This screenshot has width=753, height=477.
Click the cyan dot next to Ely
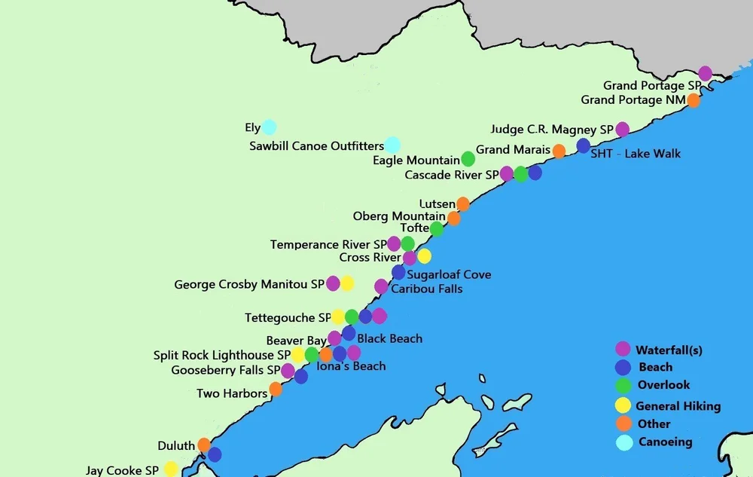269,127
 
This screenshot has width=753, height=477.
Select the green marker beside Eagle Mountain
468,159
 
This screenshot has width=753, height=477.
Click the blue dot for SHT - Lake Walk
584,146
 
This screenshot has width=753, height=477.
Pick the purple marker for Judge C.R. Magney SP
622,130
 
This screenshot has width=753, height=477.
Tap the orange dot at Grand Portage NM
694,101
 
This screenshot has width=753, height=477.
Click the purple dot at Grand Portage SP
705,73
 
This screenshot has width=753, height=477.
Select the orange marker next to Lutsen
463,204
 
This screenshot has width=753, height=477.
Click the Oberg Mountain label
398,217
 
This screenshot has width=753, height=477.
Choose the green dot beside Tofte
437,229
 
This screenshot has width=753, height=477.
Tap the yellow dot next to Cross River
424,256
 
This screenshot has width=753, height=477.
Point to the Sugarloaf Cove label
449,274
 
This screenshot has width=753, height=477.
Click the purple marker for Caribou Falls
381,286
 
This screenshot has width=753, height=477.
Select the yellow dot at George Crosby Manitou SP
347,284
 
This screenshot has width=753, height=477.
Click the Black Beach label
389,339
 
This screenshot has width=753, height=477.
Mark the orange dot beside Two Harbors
276,389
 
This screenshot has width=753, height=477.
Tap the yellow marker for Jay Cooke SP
171,469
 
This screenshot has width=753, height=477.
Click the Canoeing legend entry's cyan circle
624,442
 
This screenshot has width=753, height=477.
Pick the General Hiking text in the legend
678,406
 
